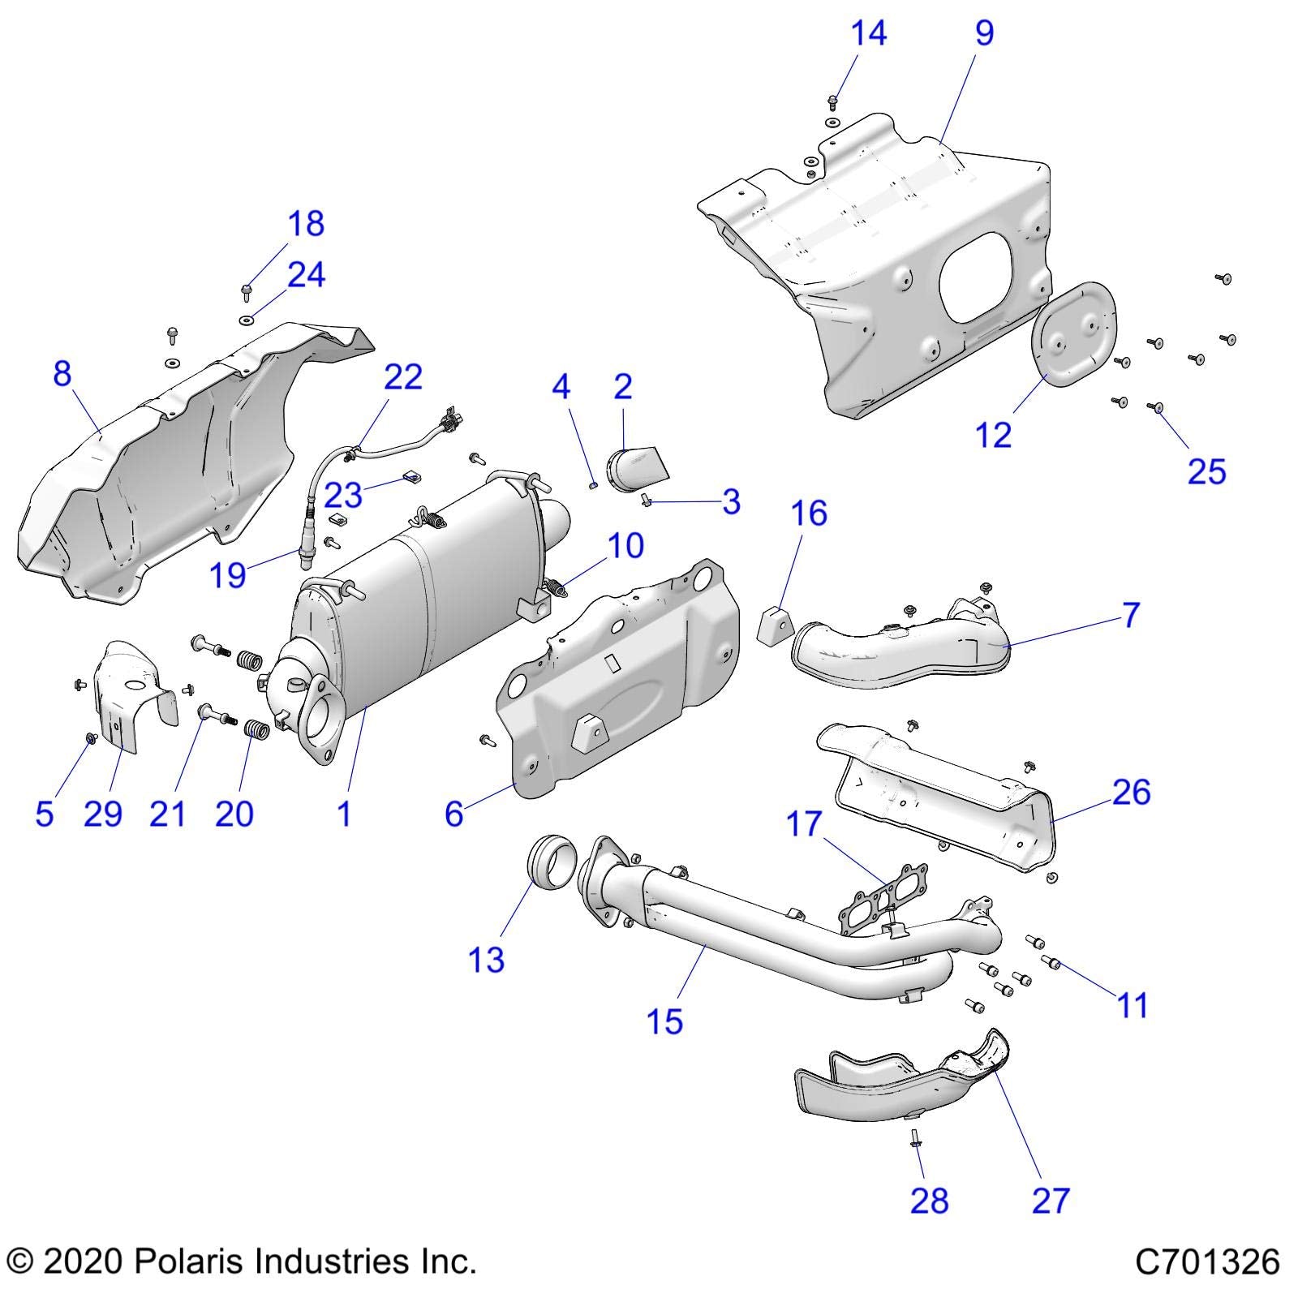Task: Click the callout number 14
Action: tap(868, 34)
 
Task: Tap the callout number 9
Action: tap(984, 34)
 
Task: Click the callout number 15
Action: tap(664, 1021)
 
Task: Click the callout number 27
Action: tap(1051, 1200)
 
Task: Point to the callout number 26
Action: tap(1131, 792)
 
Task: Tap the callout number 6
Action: tap(453, 813)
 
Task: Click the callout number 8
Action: tap(62, 374)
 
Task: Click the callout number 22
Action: tap(403, 377)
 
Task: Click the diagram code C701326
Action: tap(1207, 1262)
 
